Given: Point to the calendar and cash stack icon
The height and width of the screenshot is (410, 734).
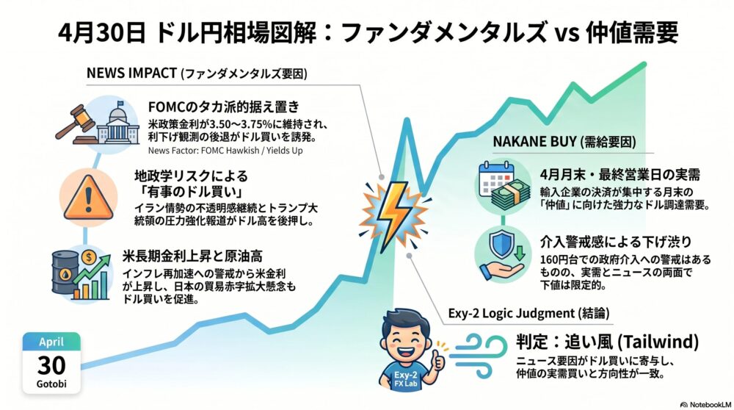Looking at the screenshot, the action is pos(504,186).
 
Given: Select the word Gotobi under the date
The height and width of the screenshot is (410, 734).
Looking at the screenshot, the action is pos(51,384).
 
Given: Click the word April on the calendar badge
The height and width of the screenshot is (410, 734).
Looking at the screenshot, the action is pos(51,342).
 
